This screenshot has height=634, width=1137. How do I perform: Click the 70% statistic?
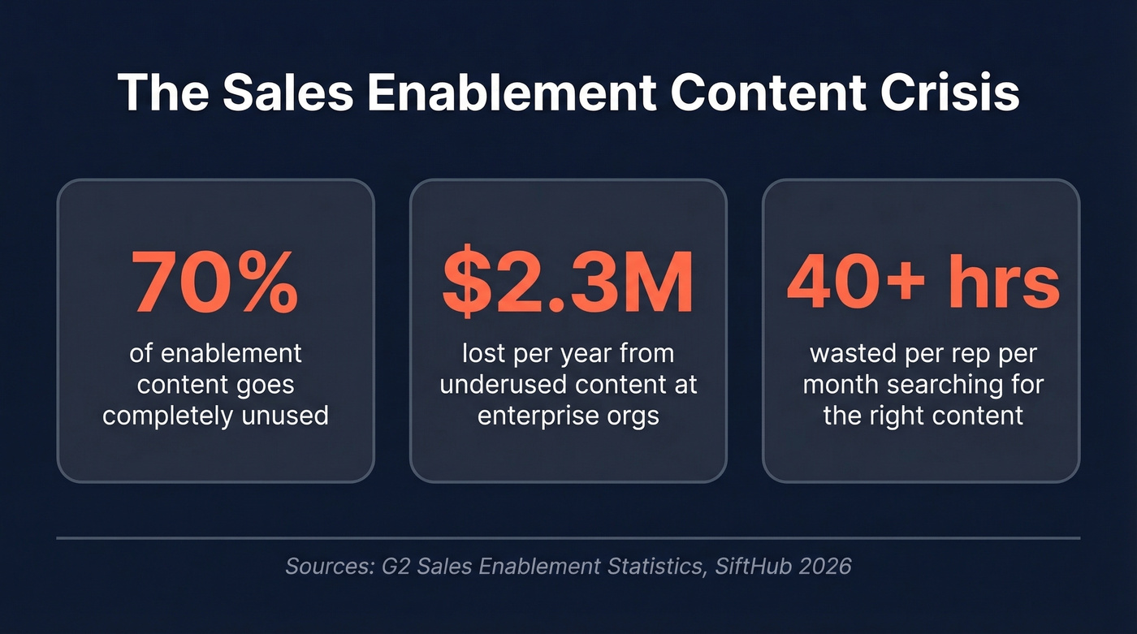pos(215,282)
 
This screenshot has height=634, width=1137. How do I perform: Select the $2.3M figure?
pos(568,282)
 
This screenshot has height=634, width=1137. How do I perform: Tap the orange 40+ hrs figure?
pos(923,282)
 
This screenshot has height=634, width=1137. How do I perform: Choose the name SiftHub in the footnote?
pos(752,565)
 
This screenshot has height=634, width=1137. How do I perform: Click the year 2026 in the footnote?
pos(824,565)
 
